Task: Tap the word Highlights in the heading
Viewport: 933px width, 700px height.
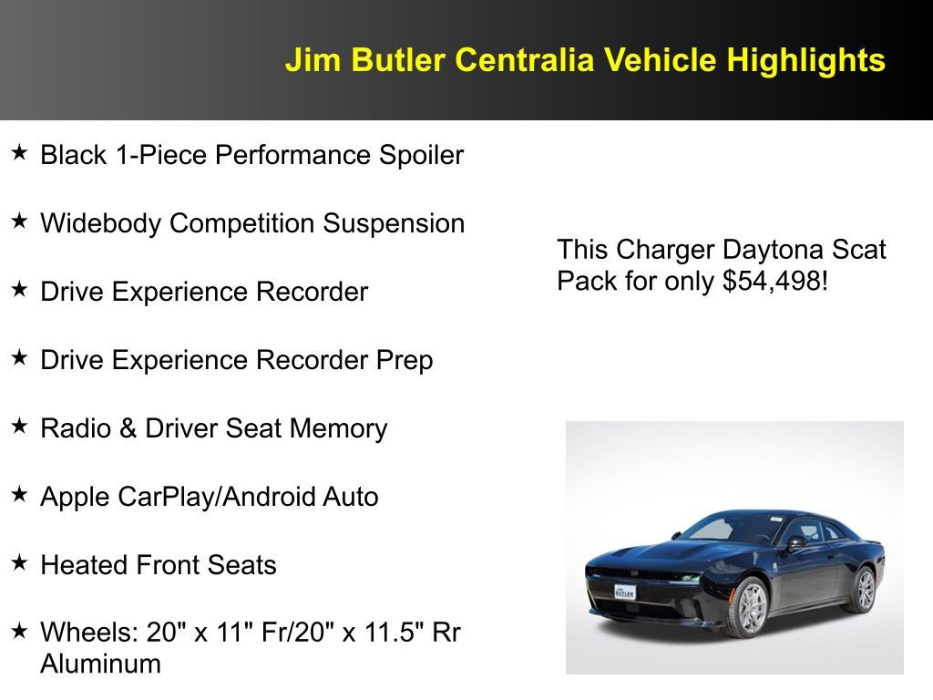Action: (805, 60)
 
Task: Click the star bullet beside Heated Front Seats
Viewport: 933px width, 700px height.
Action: (19, 562)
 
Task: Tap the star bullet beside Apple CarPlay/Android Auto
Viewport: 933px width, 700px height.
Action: (19, 494)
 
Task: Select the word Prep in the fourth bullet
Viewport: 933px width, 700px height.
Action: (405, 360)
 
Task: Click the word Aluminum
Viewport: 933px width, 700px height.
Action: (100, 664)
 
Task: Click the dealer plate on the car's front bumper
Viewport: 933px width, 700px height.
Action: (625, 592)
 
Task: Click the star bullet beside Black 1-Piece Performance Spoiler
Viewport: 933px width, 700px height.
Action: (19, 152)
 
